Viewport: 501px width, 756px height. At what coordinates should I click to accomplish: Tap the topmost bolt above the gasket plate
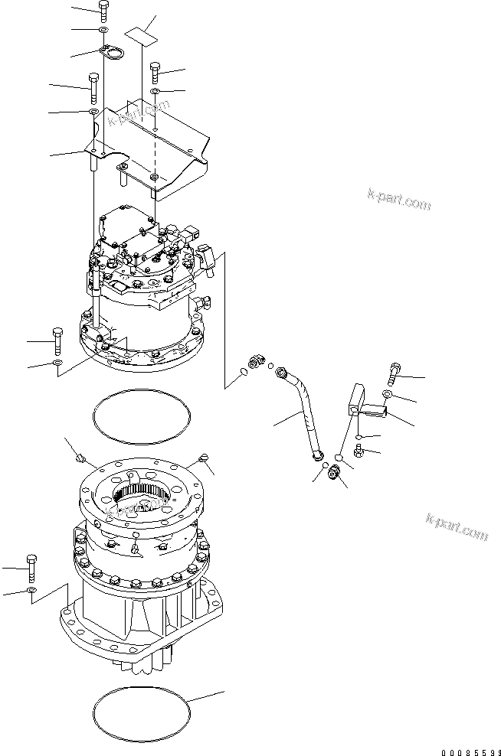pos(103,10)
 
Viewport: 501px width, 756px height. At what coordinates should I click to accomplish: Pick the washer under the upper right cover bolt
pos(155,92)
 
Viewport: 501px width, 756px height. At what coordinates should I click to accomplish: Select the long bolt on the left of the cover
pos(93,87)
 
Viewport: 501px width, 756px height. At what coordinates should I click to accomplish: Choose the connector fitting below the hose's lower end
pos(334,474)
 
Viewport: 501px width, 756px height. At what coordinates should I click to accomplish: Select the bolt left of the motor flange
pos(57,338)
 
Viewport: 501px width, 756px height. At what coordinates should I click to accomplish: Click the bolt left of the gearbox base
pos(30,566)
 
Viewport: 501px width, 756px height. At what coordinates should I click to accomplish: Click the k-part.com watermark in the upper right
pos(398,200)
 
